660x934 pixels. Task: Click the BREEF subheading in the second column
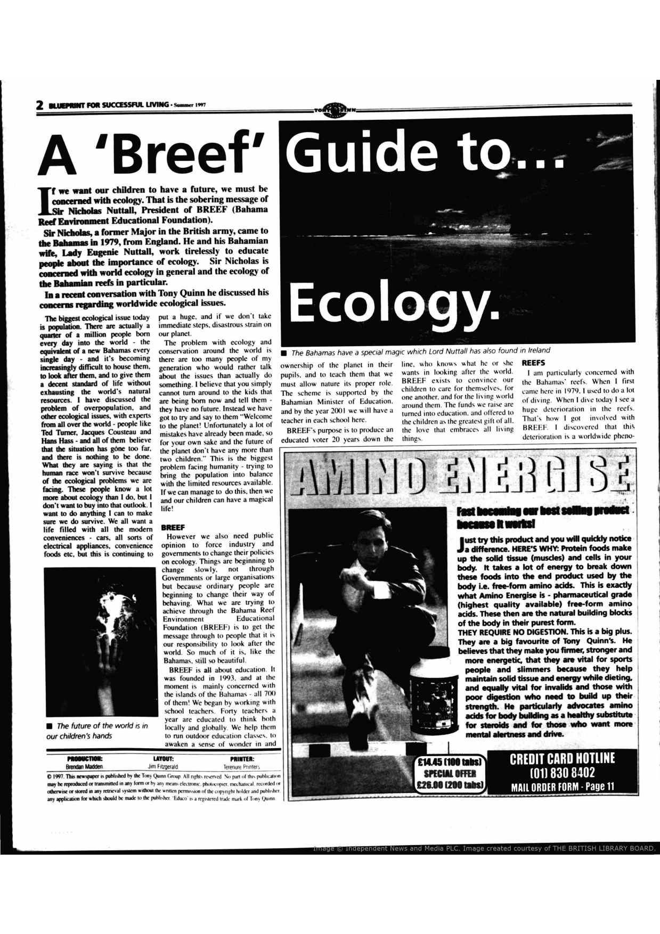(x=173, y=527)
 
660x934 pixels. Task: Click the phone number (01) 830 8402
(x=562, y=772)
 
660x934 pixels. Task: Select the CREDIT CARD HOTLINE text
(x=562, y=758)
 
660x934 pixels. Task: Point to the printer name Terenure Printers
(x=242, y=767)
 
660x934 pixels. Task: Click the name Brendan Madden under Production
(x=85, y=767)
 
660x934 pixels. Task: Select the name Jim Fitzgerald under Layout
(x=163, y=767)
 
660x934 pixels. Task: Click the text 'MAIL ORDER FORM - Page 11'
(x=562, y=786)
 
